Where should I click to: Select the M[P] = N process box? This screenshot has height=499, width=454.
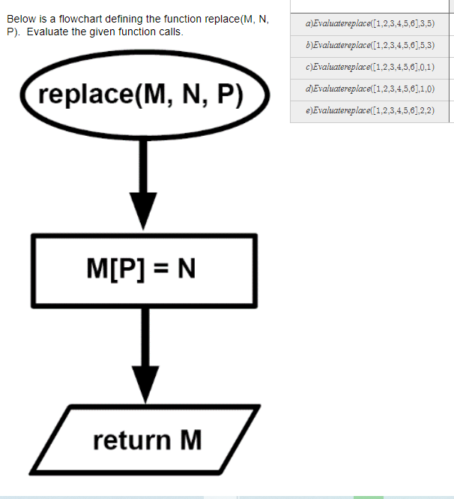(143, 269)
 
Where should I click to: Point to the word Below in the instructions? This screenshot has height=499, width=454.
(21, 19)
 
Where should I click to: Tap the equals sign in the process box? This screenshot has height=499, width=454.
(159, 269)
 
